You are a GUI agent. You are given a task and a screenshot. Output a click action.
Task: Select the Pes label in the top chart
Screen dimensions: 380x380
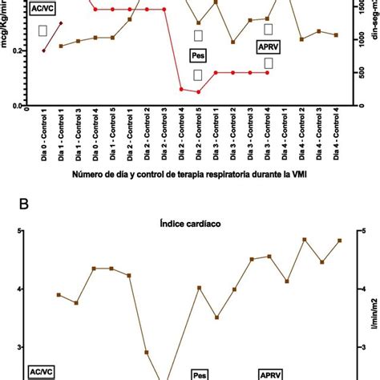198,55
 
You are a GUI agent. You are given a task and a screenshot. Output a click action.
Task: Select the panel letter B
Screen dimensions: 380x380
26,204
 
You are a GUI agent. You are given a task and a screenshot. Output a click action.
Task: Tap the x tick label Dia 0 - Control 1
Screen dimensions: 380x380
43,138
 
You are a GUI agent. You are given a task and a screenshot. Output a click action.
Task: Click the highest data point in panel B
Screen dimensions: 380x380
304,239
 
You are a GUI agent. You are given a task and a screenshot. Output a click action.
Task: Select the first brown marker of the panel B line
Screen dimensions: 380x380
59,295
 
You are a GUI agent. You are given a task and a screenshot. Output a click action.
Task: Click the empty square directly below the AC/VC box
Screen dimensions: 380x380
43,30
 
